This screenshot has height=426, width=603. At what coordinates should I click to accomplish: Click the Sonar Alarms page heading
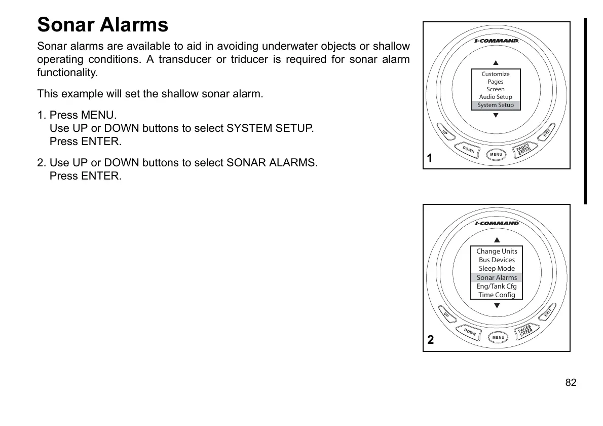point(103,25)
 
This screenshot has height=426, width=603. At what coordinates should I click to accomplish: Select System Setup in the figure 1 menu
point(496,105)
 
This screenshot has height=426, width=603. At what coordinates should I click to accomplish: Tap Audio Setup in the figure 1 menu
point(496,97)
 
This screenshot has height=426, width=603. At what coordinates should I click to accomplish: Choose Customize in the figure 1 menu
point(496,74)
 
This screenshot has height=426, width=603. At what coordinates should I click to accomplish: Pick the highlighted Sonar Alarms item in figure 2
point(497,277)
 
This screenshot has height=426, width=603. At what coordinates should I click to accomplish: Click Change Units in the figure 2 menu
point(497,251)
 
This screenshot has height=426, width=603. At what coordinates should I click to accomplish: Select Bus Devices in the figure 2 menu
point(497,260)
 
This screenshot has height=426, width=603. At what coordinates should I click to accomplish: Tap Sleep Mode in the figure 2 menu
point(497,268)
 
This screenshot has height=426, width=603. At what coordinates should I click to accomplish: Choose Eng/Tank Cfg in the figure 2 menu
point(497,286)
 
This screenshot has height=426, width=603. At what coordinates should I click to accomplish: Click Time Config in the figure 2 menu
point(497,295)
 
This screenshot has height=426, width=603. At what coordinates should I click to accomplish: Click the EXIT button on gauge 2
point(548,314)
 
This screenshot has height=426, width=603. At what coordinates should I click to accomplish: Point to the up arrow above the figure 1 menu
point(496,63)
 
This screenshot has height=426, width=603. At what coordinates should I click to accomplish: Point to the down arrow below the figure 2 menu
point(497,305)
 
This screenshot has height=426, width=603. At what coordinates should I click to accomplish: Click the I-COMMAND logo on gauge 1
point(496,41)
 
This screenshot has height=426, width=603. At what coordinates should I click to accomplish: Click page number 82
point(571,382)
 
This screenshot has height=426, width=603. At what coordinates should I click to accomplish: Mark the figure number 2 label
point(430,340)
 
